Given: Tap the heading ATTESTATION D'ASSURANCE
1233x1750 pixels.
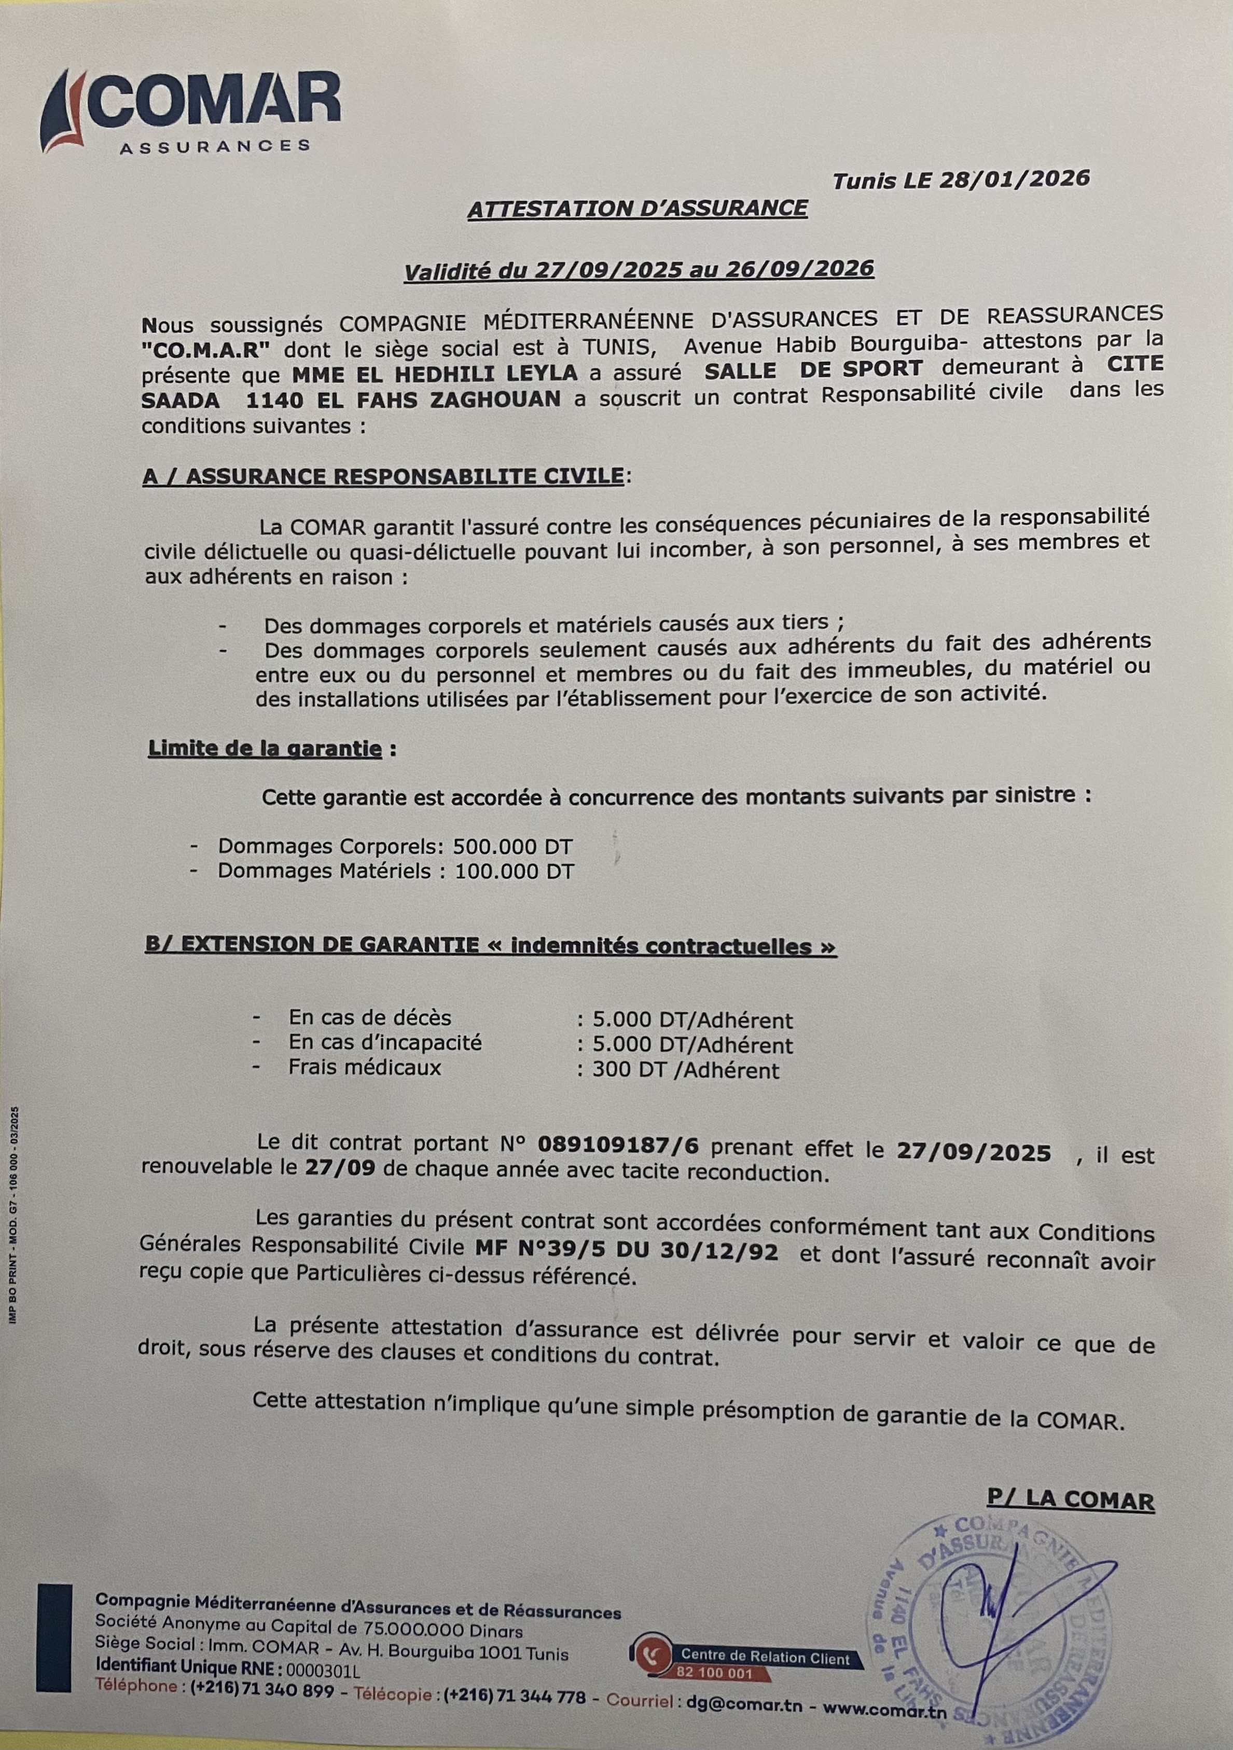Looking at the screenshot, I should [637, 209].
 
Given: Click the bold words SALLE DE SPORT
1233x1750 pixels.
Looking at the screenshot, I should [812, 368].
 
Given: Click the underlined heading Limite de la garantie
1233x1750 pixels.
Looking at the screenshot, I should [265, 749].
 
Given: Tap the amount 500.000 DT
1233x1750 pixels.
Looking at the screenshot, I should [512, 846].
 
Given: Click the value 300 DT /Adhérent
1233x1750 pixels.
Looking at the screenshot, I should [686, 1070].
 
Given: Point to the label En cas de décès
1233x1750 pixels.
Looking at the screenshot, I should [370, 1017].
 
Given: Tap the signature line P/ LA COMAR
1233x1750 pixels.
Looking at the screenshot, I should [1071, 1500].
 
